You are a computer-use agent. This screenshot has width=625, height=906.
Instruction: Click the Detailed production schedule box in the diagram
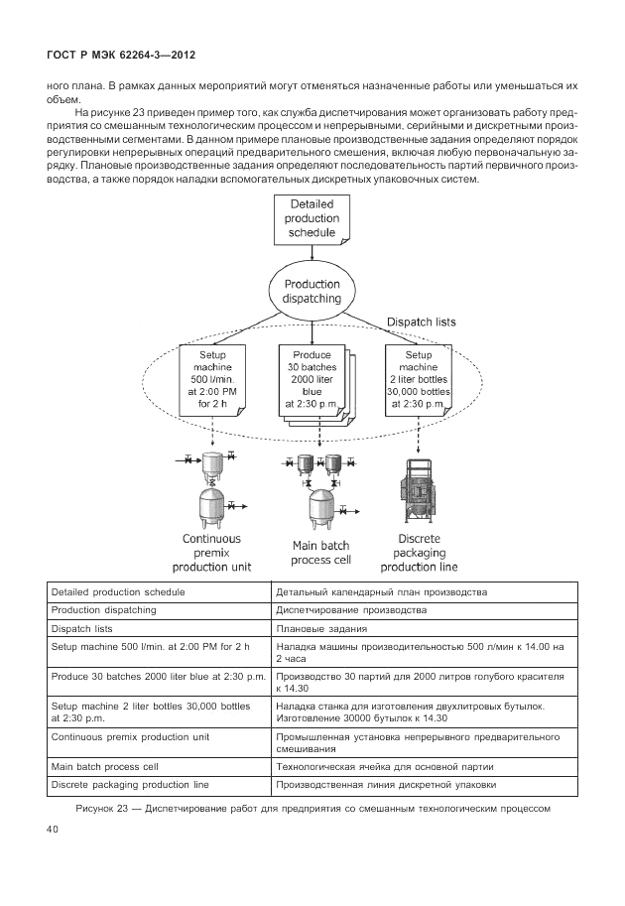(x=312, y=219)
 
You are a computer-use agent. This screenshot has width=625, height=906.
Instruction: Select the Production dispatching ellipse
(x=312, y=292)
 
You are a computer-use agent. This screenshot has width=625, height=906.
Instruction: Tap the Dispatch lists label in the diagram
(x=421, y=323)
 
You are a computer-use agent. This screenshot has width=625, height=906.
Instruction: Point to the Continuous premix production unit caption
(x=212, y=554)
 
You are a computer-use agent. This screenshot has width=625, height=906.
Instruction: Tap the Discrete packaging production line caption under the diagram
(x=421, y=554)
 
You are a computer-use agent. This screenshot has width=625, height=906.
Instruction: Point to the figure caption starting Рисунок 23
(x=312, y=809)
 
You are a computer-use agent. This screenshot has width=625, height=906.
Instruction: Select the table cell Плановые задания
(x=318, y=629)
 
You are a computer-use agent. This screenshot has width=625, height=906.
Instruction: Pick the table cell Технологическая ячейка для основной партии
(x=387, y=767)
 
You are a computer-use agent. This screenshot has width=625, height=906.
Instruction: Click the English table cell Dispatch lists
(x=81, y=629)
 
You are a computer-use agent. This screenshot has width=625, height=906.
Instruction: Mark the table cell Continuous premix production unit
(x=130, y=737)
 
